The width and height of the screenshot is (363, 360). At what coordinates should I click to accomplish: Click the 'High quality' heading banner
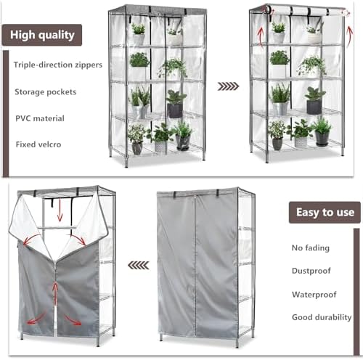[42, 35]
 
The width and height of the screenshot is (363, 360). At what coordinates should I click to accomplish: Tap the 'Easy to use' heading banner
[325, 213]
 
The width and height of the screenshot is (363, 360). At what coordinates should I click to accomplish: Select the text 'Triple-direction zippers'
[58, 65]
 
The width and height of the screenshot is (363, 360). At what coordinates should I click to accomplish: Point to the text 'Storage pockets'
[46, 92]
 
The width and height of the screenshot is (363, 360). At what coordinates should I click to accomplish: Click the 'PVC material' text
[40, 118]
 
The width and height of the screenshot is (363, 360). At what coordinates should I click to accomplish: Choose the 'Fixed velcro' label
[38, 144]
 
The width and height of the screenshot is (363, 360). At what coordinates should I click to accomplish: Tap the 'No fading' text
[311, 248]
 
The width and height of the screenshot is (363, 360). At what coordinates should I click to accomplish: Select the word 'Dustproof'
[311, 271]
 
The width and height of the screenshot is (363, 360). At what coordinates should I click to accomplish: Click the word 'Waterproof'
[314, 295]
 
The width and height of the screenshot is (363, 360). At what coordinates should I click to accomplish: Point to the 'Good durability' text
[322, 317]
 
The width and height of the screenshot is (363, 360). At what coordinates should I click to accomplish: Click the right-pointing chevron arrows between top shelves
[228, 86]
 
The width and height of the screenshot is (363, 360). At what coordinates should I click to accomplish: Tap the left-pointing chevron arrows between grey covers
[139, 266]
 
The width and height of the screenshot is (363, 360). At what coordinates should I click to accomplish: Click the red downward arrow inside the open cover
[60, 210]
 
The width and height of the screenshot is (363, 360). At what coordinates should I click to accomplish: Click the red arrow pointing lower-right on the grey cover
[73, 320]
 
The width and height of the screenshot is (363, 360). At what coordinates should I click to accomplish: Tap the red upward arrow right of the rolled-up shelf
[350, 36]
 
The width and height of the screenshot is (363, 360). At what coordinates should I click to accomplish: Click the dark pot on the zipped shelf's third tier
[175, 110]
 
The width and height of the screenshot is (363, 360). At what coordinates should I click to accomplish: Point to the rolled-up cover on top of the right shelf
[306, 11]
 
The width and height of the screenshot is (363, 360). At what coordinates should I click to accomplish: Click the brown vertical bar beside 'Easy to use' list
[356, 292]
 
